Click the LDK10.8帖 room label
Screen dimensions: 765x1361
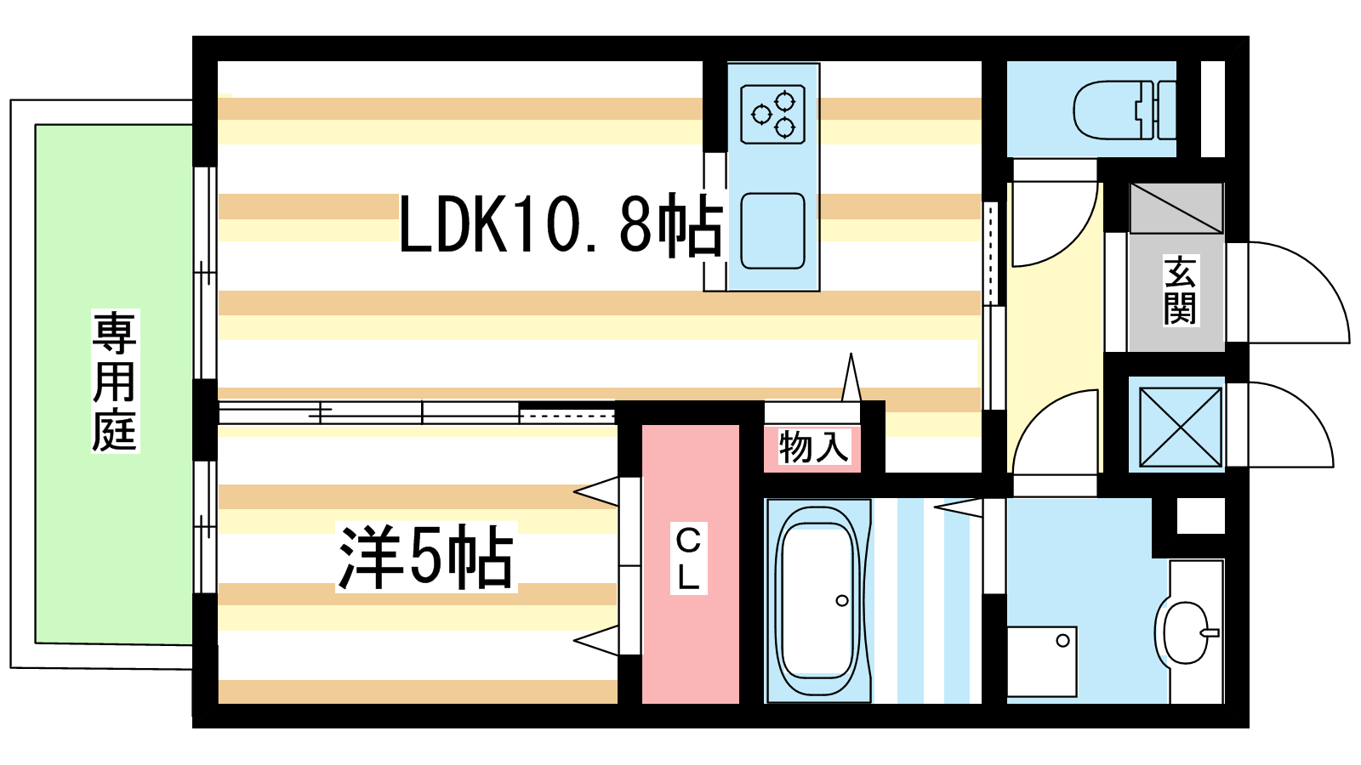point(560,225)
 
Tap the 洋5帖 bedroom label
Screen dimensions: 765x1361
point(425,557)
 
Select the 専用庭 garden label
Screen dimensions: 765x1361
point(115,381)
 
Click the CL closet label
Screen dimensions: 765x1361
point(688,558)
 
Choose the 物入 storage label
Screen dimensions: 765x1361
point(812,447)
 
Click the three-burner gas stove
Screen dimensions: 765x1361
point(772,114)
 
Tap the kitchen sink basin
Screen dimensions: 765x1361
point(772,230)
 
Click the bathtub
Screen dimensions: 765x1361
point(817,600)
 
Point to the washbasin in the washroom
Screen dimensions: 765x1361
point(1185,632)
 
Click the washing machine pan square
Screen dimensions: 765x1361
point(1042,661)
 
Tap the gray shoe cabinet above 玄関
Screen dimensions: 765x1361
point(1176,207)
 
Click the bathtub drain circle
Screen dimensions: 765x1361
point(842,601)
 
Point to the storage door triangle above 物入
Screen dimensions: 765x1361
point(851,378)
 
